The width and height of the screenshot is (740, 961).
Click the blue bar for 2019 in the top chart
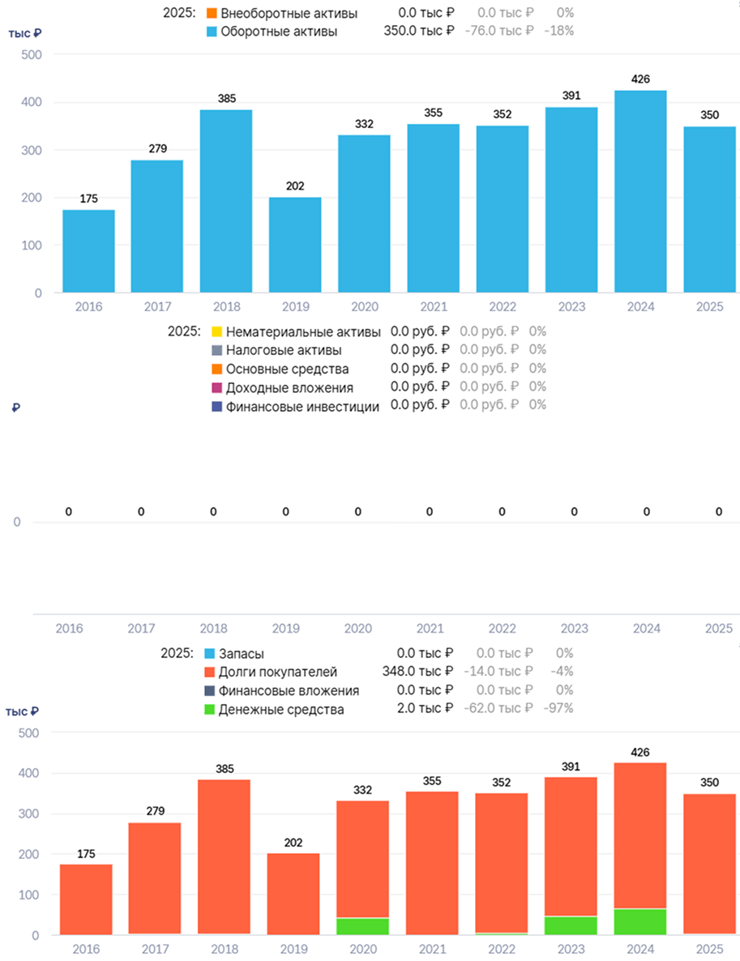pyautogui.click(x=295, y=245)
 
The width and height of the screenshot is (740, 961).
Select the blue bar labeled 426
pyautogui.click(x=640, y=191)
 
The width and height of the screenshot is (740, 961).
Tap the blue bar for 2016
pyautogui.click(x=88, y=251)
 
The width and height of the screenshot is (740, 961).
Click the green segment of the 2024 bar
pyautogui.click(x=640, y=922)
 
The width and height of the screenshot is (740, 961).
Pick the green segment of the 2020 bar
pyautogui.click(x=363, y=926)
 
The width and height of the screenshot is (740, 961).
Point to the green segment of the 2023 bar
pyautogui.click(x=571, y=925)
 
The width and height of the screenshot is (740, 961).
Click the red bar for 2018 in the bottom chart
pyautogui.click(x=225, y=857)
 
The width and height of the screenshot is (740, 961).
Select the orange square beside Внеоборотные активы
pyautogui.click(x=212, y=13)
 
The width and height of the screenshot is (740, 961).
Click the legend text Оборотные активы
pyautogui.click(x=279, y=32)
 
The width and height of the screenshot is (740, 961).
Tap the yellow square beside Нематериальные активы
pyautogui.click(x=216, y=332)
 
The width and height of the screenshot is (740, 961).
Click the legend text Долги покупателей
pyautogui.click(x=278, y=672)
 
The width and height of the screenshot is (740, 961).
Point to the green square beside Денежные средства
pyautogui.click(x=210, y=710)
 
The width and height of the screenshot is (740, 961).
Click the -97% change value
pyautogui.click(x=558, y=708)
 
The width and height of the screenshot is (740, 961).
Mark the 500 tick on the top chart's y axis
pyautogui.click(x=32, y=54)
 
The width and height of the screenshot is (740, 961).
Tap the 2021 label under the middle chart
pyautogui.click(x=430, y=628)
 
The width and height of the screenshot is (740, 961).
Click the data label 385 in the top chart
pyautogui.click(x=227, y=99)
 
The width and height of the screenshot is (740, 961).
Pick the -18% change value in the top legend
pyautogui.click(x=559, y=31)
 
